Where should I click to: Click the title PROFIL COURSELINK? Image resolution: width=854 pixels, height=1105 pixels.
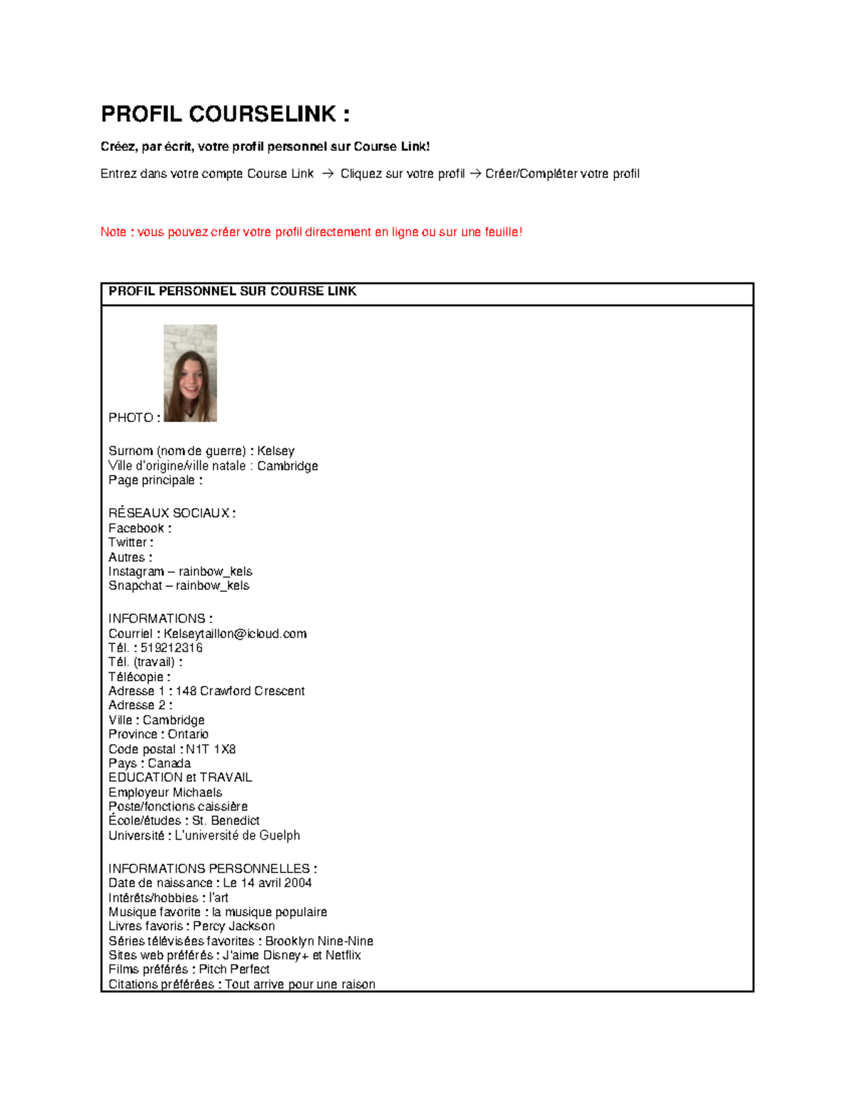[x=225, y=114]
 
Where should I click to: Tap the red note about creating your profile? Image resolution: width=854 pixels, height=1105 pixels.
[x=311, y=232]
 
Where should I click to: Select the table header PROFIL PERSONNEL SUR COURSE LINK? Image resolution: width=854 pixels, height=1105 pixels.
[x=232, y=291]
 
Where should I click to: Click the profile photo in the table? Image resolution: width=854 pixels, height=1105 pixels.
[x=190, y=373]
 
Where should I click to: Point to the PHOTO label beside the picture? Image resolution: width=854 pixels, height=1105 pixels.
[x=133, y=418]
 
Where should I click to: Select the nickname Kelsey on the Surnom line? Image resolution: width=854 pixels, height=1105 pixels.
[x=275, y=451]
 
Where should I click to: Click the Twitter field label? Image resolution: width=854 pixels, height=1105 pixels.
[x=130, y=542]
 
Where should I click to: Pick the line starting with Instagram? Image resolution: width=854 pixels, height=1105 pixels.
[x=180, y=571]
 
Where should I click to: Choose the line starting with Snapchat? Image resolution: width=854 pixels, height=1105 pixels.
[x=179, y=586]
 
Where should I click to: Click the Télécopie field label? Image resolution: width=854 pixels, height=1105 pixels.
[x=139, y=677]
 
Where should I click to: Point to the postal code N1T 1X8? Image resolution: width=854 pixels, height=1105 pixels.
[x=211, y=749]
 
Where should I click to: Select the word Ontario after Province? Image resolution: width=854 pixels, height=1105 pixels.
[x=188, y=734]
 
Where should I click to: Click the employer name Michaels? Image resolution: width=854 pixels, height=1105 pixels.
[x=196, y=793]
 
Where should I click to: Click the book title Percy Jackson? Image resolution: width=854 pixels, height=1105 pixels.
[x=233, y=926]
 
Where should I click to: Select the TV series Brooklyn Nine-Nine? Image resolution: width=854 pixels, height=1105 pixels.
[x=319, y=941]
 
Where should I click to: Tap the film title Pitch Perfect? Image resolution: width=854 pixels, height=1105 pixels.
[x=234, y=969]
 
